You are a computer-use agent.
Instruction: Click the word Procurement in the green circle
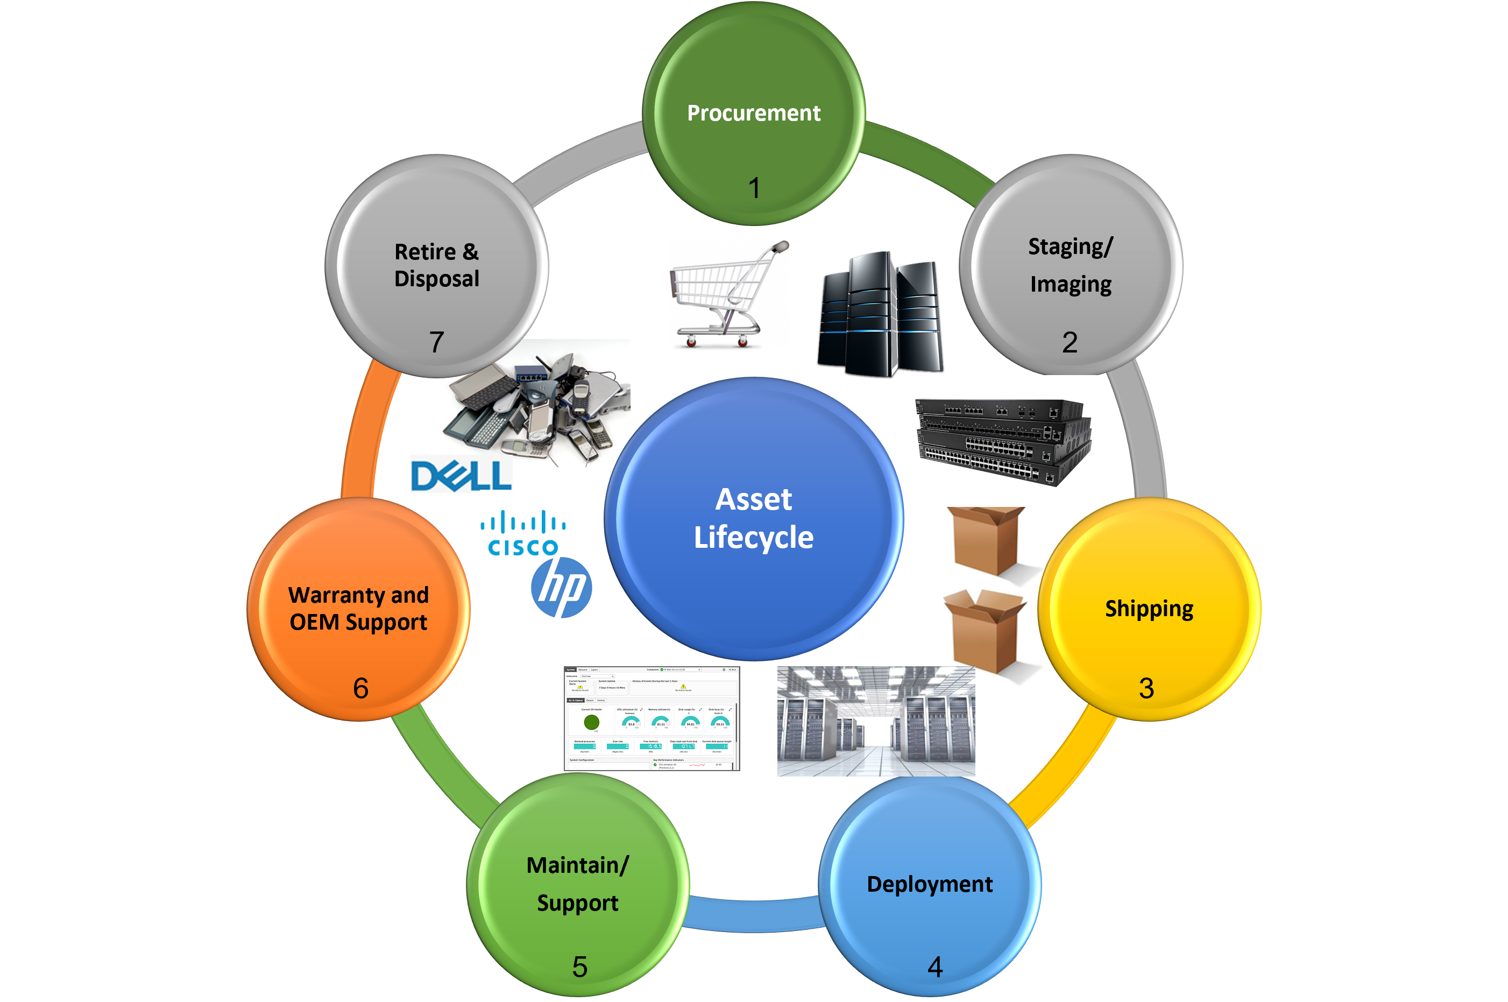coord(754,113)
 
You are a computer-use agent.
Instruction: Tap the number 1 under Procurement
coord(754,188)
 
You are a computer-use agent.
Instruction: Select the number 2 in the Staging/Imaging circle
coord(1070,342)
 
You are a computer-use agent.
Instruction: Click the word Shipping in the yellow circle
coord(1149,608)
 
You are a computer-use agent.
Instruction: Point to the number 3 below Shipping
coord(1146,688)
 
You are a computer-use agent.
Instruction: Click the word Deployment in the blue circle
coord(929,885)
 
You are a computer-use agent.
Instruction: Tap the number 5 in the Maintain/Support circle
coord(579,967)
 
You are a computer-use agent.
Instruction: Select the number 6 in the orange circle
coord(361,688)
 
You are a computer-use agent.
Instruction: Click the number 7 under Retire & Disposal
coord(436,342)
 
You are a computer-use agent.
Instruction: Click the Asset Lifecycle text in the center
coord(754,518)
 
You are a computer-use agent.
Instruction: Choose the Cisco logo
coord(522,533)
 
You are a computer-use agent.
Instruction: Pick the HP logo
coord(562,588)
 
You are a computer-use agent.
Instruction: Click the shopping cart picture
coord(730,295)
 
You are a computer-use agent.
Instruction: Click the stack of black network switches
coord(1003,441)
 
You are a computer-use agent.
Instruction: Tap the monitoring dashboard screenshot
coord(652,719)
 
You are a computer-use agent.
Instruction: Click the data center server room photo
coord(876,722)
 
